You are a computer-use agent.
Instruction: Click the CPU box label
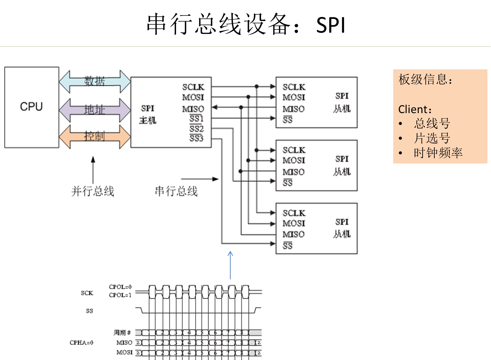pyautogui.click(x=31, y=107)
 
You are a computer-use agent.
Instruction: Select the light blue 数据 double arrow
pyautogui.click(x=95, y=81)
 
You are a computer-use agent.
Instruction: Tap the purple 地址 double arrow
pyautogui.click(x=95, y=110)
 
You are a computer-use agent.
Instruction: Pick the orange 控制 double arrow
pyautogui.click(x=95, y=136)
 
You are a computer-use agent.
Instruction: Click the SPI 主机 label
pyautogui.click(x=148, y=114)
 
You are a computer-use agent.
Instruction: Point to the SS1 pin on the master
pyautogui.click(x=196, y=118)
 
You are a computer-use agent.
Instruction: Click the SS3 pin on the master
pyautogui.click(x=196, y=138)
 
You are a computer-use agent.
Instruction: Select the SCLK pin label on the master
pyautogui.click(x=193, y=87)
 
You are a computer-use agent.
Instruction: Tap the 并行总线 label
pyautogui.click(x=93, y=191)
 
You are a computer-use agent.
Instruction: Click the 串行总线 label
pyautogui.click(x=176, y=191)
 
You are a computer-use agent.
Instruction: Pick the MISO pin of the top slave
pyautogui.click(x=293, y=109)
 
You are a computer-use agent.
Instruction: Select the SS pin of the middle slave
pyautogui.click(x=288, y=183)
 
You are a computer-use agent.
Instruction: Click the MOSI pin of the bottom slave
pyautogui.click(x=294, y=223)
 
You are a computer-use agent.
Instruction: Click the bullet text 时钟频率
pyautogui.click(x=438, y=153)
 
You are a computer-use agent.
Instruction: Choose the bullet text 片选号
pyautogui.click(x=432, y=138)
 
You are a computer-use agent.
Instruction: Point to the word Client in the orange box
pyautogui.click(x=413, y=109)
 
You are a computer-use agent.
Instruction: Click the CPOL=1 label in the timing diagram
pyautogui.click(x=120, y=295)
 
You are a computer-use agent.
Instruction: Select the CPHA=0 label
pyautogui.click(x=81, y=343)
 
